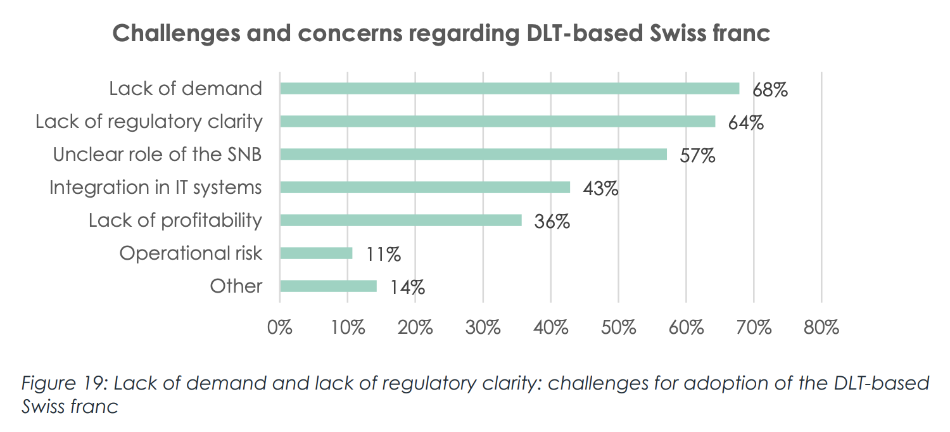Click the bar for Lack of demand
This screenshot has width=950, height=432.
pyautogui.click(x=509, y=89)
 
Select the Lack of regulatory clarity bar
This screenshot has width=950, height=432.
pyautogui.click(x=497, y=122)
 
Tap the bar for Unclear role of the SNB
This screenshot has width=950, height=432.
pyautogui.click(x=473, y=155)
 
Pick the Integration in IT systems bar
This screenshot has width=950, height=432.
pyautogui.click(x=425, y=187)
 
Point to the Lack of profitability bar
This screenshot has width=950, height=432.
pyautogui.click(x=401, y=220)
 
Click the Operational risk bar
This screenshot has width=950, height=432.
pyautogui.click(x=316, y=253)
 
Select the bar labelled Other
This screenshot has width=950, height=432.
pyautogui.click(x=328, y=286)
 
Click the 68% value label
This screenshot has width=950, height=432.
pyautogui.click(x=769, y=90)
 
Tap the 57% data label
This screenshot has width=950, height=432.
pyautogui.click(x=697, y=156)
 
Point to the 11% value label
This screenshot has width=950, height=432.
pyautogui.click(x=383, y=255)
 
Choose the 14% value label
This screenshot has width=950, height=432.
pyautogui.click(x=407, y=288)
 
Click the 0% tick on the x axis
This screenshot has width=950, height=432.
pyautogui.click(x=280, y=327)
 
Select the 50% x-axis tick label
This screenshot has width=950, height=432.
pyautogui.click(x=618, y=327)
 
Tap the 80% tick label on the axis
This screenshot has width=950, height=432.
pyautogui.click(x=821, y=327)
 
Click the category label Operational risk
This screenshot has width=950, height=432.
pyautogui.click(x=191, y=253)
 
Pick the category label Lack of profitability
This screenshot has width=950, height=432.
pyautogui.click(x=175, y=220)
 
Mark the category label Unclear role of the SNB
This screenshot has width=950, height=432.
pyautogui.click(x=157, y=155)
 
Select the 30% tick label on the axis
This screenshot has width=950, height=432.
pyautogui.click(x=483, y=327)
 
